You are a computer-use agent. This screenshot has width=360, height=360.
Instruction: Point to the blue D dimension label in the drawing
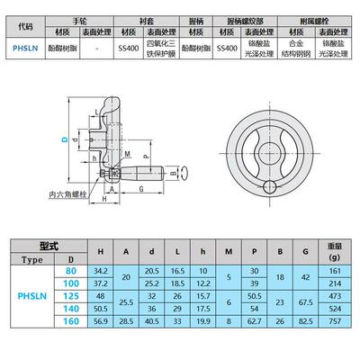click(64, 139)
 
